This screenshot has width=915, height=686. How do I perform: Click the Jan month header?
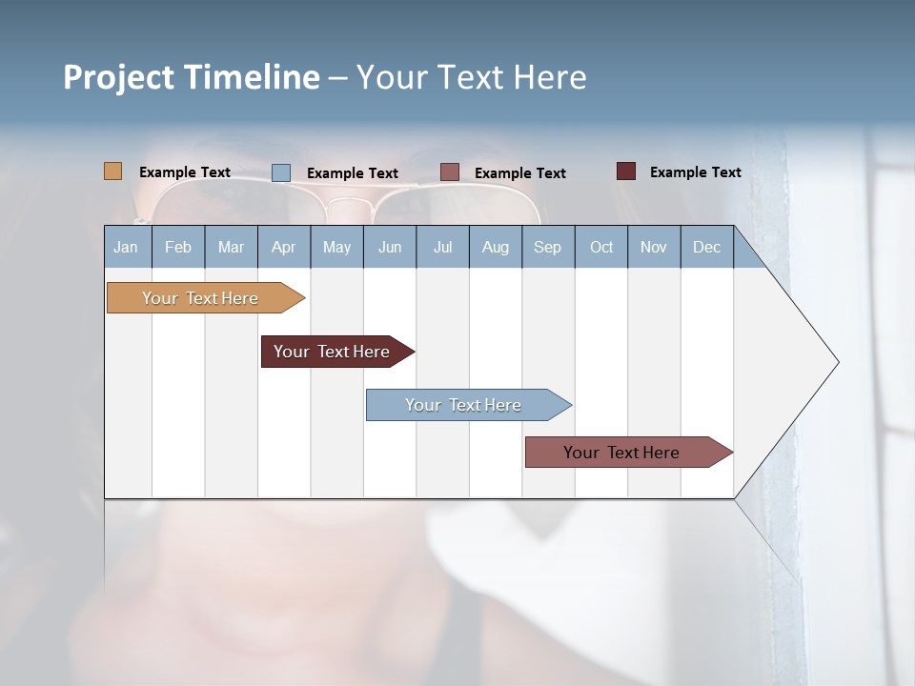pyautogui.click(x=126, y=248)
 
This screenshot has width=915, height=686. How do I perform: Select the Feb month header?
pyautogui.click(x=178, y=248)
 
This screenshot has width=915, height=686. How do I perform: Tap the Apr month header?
pyautogui.click(x=283, y=248)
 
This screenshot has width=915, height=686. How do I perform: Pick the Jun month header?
pyautogui.click(x=390, y=248)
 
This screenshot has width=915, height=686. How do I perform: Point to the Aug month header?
pyautogui.click(x=495, y=248)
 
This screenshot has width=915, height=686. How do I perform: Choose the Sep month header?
pyautogui.click(x=547, y=248)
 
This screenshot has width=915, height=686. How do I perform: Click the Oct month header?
pyautogui.click(x=601, y=248)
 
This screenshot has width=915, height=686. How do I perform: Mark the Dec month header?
pyautogui.click(x=706, y=248)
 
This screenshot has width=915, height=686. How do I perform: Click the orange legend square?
pyautogui.click(x=113, y=171)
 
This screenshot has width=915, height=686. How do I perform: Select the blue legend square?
pyautogui.click(x=281, y=172)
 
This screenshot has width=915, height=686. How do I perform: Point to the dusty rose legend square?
pyautogui.click(x=450, y=172)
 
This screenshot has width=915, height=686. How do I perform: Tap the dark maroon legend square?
pyautogui.click(x=626, y=171)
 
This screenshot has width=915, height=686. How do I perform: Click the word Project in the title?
pyautogui.click(x=119, y=77)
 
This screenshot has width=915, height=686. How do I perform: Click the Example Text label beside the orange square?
pyautogui.click(x=185, y=172)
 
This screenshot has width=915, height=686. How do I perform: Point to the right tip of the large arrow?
pyautogui.click(x=837, y=362)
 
